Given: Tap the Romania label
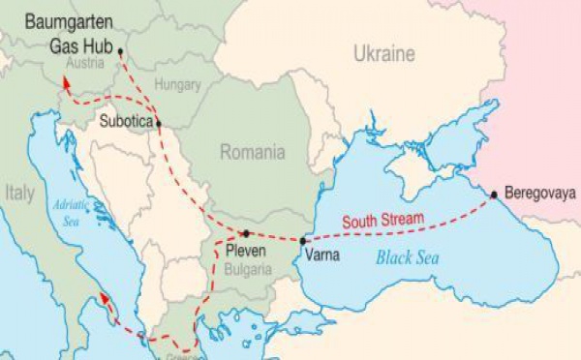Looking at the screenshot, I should point(252,152).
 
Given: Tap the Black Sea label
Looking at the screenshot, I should point(408,257).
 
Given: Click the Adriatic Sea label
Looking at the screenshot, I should point(69,208).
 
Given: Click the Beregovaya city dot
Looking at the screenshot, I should point(494,195).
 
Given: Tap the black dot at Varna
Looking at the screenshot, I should point(304,240).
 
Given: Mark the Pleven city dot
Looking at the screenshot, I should point(247,233).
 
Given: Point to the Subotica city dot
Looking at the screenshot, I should point(159,123).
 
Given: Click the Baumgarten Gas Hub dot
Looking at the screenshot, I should point(120,50).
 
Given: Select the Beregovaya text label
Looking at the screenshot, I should point(532,192).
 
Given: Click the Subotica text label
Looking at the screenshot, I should point(126,122).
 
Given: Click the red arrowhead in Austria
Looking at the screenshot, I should point(67,84).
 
